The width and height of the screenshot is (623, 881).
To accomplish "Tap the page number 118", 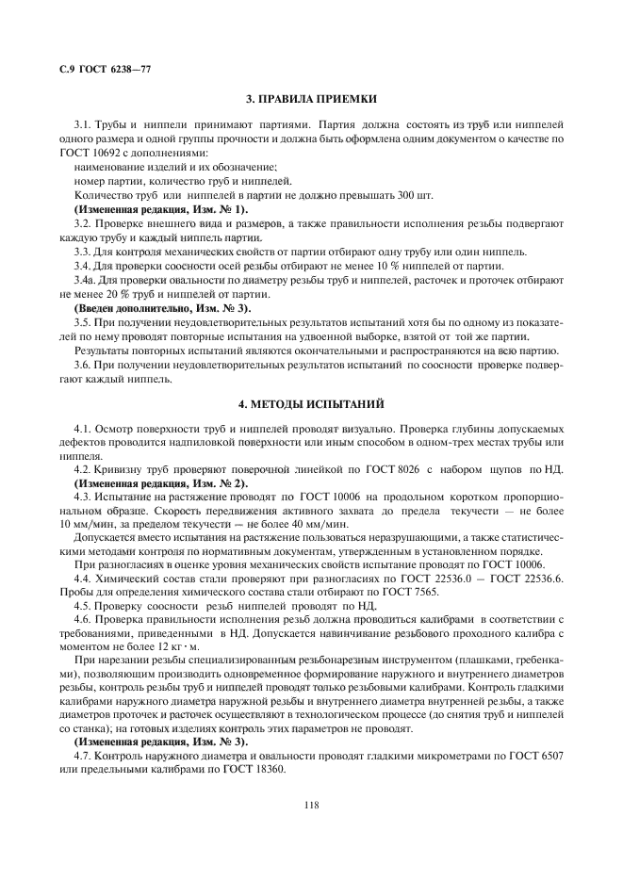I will pos(311,804).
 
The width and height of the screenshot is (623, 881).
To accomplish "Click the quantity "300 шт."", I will pos(415,194).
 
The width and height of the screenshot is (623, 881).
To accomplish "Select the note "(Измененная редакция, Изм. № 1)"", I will pos(160,208).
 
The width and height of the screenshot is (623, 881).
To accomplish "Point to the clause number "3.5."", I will pos(83,322).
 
